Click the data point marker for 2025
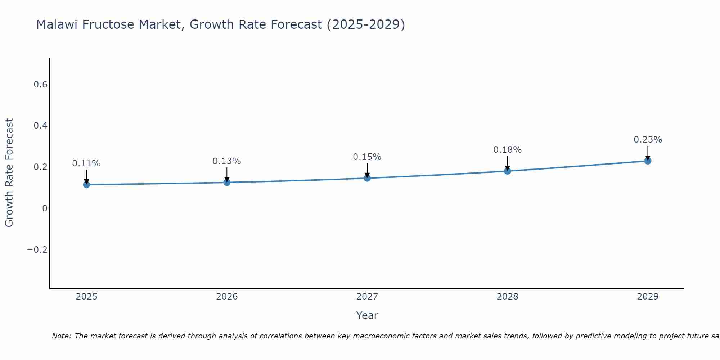click(x=86, y=185)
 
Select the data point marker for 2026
click(x=227, y=183)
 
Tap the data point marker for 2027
click(x=367, y=178)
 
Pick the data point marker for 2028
click(x=508, y=171)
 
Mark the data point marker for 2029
click(x=648, y=161)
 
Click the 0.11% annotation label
click(x=86, y=163)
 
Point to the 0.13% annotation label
click(x=227, y=161)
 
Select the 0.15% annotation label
click(x=367, y=157)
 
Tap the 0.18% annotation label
click(x=508, y=150)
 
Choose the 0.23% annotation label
click(x=648, y=140)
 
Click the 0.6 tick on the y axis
click(x=40, y=85)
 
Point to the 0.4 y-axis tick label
click(x=40, y=126)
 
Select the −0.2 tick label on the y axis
click(x=37, y=250)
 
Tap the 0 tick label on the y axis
click(x=45, y=208)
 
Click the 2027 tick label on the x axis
click(x=367, y=297)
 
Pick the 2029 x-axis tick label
click(x=648, y=297)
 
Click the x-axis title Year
click(x=367, y=316)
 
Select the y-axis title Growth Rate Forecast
click(x=9, y=173)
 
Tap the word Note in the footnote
click(x=61, y=336)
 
